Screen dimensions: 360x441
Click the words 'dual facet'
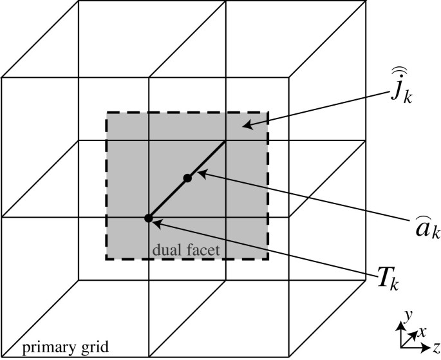186,248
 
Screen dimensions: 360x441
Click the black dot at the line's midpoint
187,178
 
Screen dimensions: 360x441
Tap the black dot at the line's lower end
149,218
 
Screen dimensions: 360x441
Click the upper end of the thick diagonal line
225,141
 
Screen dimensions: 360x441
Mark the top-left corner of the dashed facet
107,113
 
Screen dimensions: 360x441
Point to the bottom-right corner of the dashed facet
267,259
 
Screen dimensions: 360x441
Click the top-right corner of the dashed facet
267,113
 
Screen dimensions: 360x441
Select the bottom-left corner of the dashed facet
107,259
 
